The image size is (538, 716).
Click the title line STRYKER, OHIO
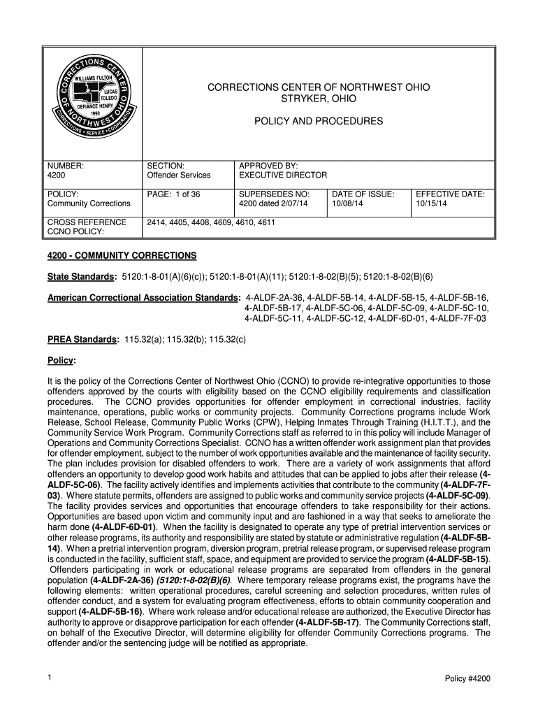coord(318,99)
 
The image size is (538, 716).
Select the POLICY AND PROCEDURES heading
coord(318,122)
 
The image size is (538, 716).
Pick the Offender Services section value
coord(178,175)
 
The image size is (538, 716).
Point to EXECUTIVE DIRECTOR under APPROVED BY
coord(282,175)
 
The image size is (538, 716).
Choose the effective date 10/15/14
coord(431,203)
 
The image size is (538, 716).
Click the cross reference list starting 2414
coord(210,222)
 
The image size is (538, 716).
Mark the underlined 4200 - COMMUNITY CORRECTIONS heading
coord(122,255)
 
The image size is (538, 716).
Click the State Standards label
coord(81,277)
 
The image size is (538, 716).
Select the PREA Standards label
coord(82,339)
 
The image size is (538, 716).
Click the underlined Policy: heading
coord(61,360)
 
